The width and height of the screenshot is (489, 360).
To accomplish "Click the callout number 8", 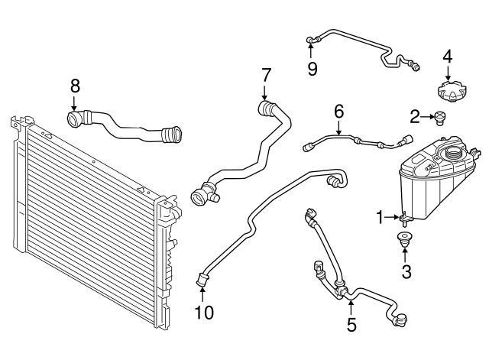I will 74,85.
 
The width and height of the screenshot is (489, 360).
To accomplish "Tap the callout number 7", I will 266,75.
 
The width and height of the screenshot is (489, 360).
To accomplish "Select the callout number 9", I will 312,69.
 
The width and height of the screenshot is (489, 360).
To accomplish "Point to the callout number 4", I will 448,56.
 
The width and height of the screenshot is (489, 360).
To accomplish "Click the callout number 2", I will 415,116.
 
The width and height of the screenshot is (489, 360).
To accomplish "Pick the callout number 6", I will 338,112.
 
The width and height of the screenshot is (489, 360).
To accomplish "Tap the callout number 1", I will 379,218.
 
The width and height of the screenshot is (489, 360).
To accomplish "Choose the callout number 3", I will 406,271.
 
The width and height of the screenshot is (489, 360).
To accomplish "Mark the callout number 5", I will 351,325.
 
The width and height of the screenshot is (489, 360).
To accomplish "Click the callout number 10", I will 203,312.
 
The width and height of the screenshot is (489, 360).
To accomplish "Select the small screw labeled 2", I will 439,117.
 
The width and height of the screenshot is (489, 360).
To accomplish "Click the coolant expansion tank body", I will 428,183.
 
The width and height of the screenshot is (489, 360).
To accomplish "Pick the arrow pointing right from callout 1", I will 395,218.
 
